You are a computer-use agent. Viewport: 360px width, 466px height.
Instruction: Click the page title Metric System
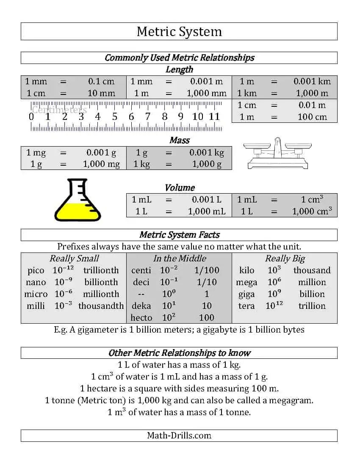pyautogui.click(x=179, y=32)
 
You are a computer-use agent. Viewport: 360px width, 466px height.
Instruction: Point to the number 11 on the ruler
pyautogui.click(x=214, y=116)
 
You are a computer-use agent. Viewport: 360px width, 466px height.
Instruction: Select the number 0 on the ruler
pyautogui.click(x=31, y=116)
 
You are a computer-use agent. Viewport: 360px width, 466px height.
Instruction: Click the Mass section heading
pyautogui.click(x=179, y=140)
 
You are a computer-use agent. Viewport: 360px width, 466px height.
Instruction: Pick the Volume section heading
pyautogui.click(x=180, y=188)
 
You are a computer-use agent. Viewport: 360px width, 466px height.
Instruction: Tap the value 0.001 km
pyautogui.click(x=312, y=81)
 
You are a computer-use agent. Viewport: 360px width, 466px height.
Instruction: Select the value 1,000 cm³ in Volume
pyautogui.click(x=312, y=211)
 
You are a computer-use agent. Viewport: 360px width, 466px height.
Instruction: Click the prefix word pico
pyautogui.click(x=36, y=270)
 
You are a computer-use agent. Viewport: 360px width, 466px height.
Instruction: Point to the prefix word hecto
pyautogui.click(x=141, y=318)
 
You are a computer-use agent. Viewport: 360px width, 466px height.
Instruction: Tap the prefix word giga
pyautogui.click(x=246, y=294)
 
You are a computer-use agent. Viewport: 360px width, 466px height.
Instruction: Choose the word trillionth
pyautogui.click(x=101, y=270)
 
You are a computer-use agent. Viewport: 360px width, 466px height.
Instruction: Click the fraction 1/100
pyautogui.click(x=207, y=270)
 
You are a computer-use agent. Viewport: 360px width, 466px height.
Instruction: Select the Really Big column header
pyautogui.click(x=285, y=258)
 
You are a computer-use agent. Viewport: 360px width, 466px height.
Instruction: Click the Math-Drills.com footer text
pyautogui.click(x=179, y=435)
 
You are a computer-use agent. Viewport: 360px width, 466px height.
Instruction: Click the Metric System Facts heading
pyautogui.click(x=179, y=235)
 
